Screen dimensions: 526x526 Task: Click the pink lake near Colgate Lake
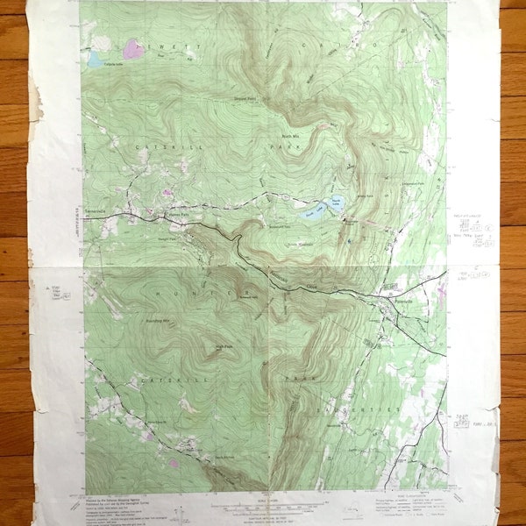131,47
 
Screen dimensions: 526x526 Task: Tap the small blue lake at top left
94,59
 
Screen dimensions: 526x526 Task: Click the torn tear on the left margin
37,96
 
